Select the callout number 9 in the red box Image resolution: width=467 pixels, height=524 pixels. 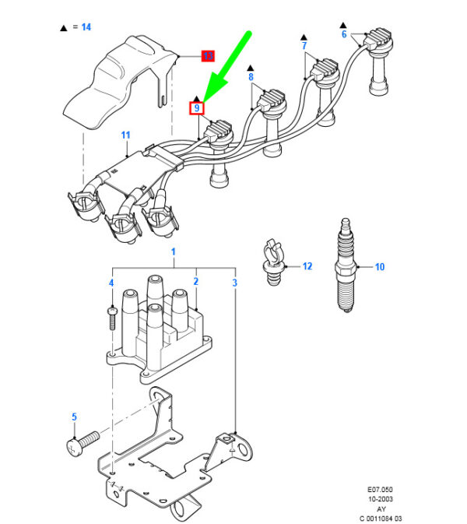(x=198, y=108)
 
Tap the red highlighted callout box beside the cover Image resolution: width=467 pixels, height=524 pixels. (x=208, y=56)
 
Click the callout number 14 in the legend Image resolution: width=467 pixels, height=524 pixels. (x=86, y=27)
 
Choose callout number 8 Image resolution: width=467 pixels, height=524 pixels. (x=251, y=78)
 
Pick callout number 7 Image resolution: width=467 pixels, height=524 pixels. (x=304, y=47)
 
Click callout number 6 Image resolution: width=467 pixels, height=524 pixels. (x=343, y=34)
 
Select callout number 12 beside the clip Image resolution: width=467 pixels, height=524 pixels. (x=307, y=266)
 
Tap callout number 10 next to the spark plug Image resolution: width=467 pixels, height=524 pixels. (x=380, y=267)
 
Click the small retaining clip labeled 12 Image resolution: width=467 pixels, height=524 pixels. (x=272, y=261)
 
